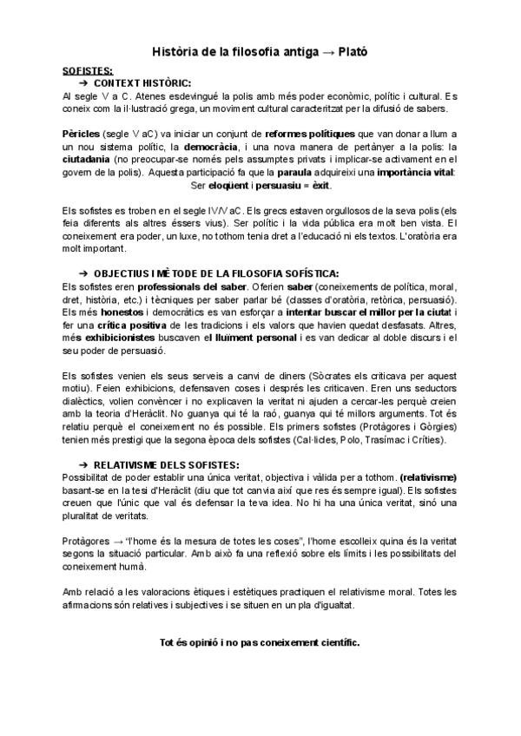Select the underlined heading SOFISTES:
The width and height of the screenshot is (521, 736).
tap(88, 70)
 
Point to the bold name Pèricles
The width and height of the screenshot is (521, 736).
tap(82, 135)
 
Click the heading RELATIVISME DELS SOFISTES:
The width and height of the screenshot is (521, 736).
tap(166, 464)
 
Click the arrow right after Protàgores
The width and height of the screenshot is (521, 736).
tap(115, 541)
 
